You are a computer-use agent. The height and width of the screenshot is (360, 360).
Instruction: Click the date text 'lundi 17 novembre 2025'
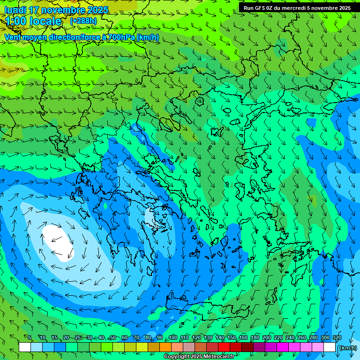coord(56,10)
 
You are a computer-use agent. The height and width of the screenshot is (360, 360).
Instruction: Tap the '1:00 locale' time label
coord(33,21)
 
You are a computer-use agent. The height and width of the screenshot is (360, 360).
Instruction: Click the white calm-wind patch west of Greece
coord(59,242)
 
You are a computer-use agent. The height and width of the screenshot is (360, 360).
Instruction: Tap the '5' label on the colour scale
coord(30,338)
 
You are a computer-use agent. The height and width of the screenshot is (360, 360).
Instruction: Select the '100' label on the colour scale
coord(173,338)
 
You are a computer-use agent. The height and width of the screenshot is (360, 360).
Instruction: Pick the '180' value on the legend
coord(255,338)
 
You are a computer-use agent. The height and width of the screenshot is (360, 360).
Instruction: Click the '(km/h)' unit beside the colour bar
coord(347,348)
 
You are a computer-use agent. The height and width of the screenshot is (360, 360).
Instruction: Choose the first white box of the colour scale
coord(25,347)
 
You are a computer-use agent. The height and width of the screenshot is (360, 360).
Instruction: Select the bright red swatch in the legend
coord(224,347)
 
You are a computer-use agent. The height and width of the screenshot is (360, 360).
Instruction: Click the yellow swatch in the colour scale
coord(142,347)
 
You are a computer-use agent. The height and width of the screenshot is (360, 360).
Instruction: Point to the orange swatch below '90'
coord(165,347)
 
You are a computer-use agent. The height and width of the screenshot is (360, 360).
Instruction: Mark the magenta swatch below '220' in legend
coord(283,347)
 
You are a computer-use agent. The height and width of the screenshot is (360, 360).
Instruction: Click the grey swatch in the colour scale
coord(189,347)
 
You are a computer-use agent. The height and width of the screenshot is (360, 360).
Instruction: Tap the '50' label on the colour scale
coord(113,338)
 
